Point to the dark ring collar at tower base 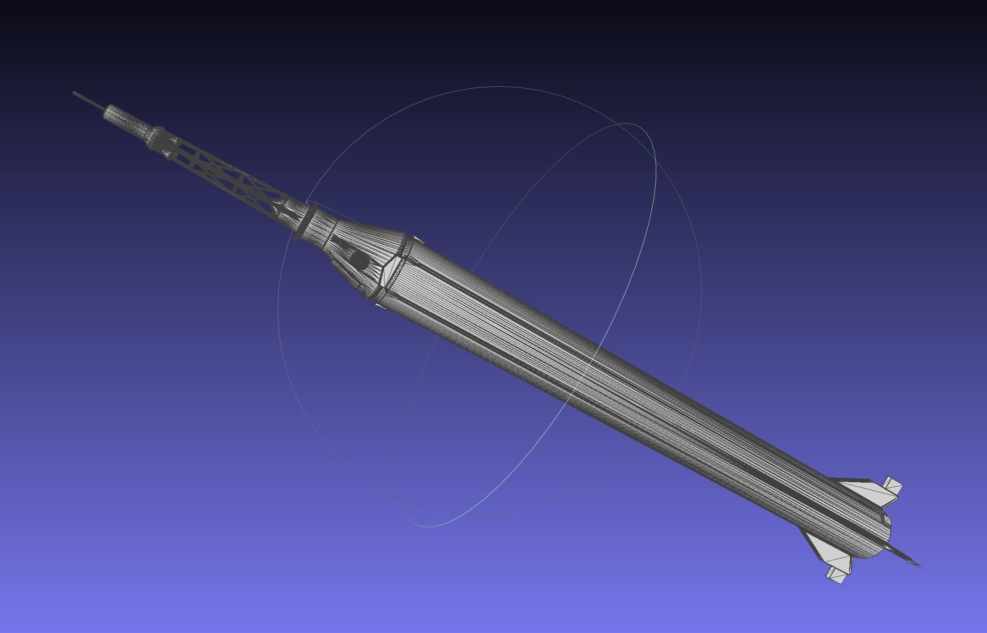[x=306, y=221]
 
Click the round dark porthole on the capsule [x=358, y=261]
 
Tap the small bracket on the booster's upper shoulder [x=417, y=240]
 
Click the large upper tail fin [x=859, y=491]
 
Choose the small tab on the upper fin [x=892, y=486]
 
